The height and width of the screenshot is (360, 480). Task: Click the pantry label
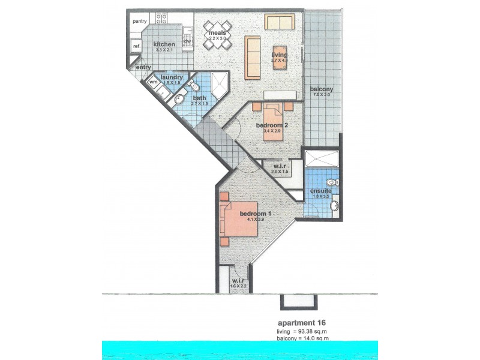139,22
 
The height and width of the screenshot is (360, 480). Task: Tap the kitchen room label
164,44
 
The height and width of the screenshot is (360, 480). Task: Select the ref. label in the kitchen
137,46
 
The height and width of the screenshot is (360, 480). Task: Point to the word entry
143,67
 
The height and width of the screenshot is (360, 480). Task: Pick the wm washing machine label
153,82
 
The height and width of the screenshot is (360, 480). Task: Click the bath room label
199,98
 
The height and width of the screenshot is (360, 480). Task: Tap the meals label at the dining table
217,32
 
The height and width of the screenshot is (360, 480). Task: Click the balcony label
321,90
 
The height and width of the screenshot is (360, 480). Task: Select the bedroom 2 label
273,125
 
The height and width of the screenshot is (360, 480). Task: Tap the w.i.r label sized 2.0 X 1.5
280,166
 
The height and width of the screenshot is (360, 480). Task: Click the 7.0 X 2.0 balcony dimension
321,95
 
